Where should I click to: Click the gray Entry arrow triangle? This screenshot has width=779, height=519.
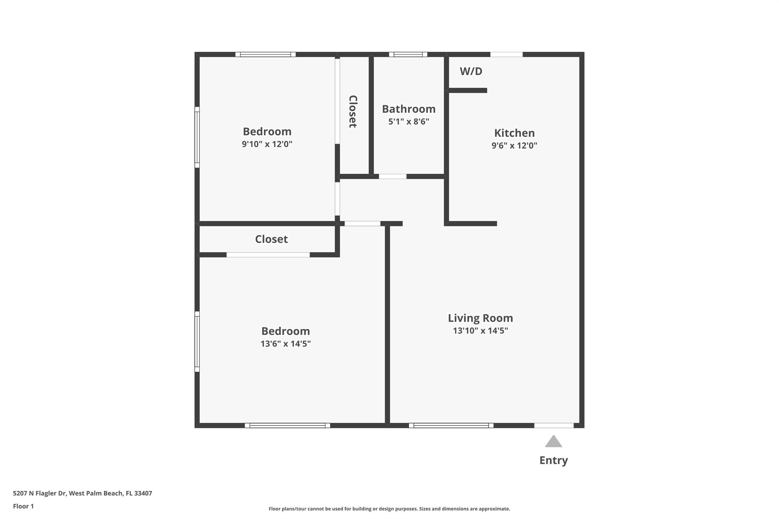coord(553,441)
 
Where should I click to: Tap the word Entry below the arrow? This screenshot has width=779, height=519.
coord(553,460)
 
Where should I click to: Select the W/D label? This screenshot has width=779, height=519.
coord(471,71)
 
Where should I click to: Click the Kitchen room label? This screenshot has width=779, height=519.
coord(514,133)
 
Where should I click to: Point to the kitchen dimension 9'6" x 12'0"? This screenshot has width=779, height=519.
coord(514,145)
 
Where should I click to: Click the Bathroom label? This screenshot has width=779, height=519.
coord(409,109)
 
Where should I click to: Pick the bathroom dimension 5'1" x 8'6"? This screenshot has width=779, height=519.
coord(409,122)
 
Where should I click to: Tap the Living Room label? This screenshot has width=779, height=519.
coord(480,318)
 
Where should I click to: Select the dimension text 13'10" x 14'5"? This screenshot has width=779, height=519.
coord(480,330)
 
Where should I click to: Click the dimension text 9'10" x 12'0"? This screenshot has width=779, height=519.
coord(267,144)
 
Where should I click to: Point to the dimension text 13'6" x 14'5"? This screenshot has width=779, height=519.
coord(286,344)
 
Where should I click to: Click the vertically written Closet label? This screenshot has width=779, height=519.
coord(353,111)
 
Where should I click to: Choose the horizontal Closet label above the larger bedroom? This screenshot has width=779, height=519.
coord(271,239)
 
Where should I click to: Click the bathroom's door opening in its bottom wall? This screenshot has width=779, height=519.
coord(393,176)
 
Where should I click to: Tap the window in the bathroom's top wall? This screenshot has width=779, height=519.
coord(408,54)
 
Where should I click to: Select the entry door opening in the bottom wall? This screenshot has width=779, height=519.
coord(554,425)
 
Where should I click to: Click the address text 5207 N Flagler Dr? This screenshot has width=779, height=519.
coord(40,493)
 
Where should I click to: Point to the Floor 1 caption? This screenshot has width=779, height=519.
coord(23,506)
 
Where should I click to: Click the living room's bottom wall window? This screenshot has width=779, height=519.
coord(451,425)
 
